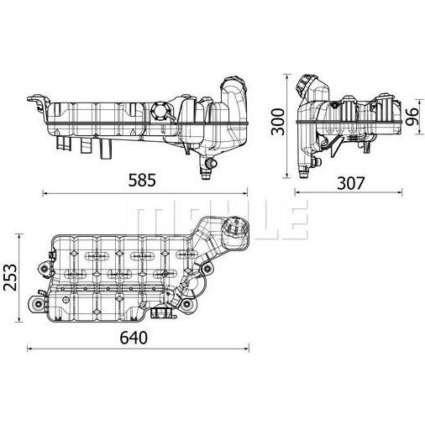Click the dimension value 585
[142, 181]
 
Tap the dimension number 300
[278, 122]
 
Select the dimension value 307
[351, 183]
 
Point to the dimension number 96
[412, 117]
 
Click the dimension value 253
[11, 276]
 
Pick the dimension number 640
[134, 338]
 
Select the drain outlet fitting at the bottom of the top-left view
[206, 168]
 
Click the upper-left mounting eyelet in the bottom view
[44, 269]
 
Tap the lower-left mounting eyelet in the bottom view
[37, 304]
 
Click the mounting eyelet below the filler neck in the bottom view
[207, 269]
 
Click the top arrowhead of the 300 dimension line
[286, 76]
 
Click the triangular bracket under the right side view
[337, 146]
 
